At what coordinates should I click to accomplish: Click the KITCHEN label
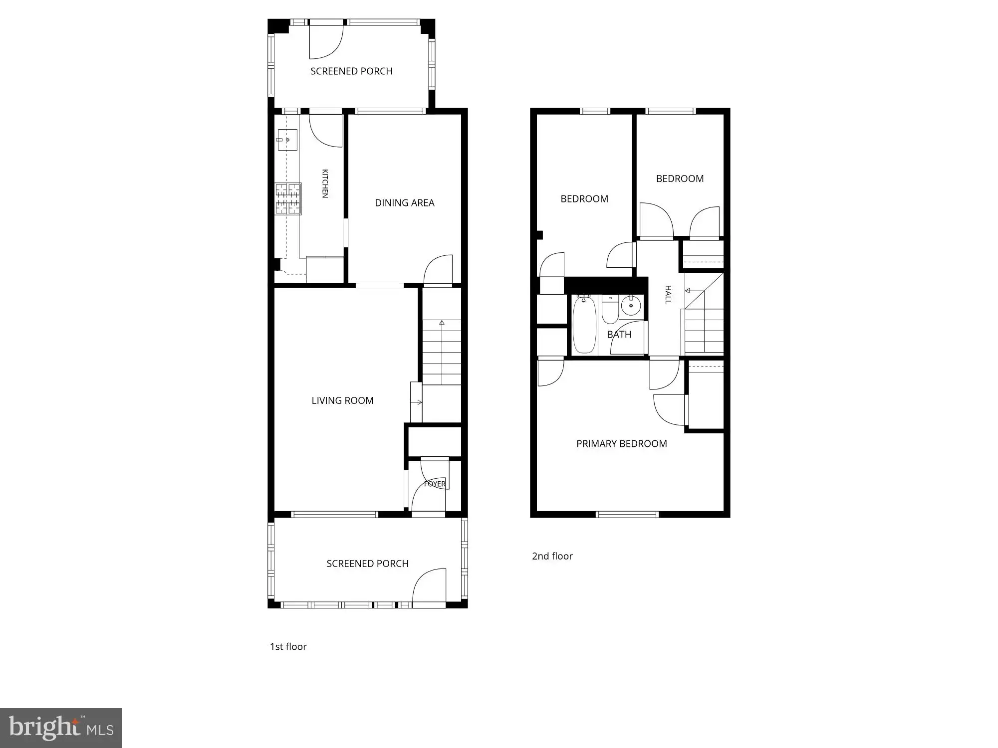point(325,184)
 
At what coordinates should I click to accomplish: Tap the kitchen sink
point(287,140)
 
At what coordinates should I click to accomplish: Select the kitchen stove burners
point(288,199)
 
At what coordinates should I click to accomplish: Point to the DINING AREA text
point(405,203)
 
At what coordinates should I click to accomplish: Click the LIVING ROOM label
point(342,400)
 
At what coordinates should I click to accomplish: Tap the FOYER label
point(435,484)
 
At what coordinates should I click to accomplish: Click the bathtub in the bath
point(584,324)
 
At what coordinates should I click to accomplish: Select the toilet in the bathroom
point(610,309)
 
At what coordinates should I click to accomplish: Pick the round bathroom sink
point(631,305)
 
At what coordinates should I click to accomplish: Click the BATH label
point(619,335)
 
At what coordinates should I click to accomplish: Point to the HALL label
point(668,294)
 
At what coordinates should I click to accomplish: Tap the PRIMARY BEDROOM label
point(622,444)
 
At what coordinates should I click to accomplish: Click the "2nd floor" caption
point(552,556)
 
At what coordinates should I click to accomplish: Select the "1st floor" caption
point(288,647)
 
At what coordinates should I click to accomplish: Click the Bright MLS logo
point(61,728)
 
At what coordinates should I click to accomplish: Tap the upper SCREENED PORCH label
point(351,71)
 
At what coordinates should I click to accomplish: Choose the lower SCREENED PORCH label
point(368,563)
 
